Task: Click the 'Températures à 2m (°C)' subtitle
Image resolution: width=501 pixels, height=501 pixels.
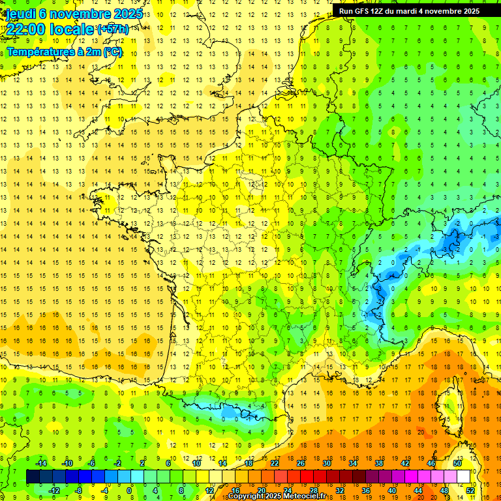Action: (x=65, y=52)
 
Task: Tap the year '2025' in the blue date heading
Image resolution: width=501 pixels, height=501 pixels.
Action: (x=128, y=13)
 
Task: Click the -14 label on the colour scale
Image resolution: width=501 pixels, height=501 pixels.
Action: (x=41, y=463)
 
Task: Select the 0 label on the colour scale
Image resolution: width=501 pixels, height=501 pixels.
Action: (x=130, y=491)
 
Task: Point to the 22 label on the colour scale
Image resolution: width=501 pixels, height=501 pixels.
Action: (x=275, y=463)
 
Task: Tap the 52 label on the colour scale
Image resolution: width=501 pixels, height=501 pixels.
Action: (x=470, y=491)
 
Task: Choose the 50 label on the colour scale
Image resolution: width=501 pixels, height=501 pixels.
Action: (x=457, y=463)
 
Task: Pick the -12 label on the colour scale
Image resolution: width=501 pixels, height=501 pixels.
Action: (x=54, y=491)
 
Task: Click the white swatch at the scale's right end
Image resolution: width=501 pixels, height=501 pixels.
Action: (x=464, y=477)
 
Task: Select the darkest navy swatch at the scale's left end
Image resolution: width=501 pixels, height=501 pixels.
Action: (x=33, y=477)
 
